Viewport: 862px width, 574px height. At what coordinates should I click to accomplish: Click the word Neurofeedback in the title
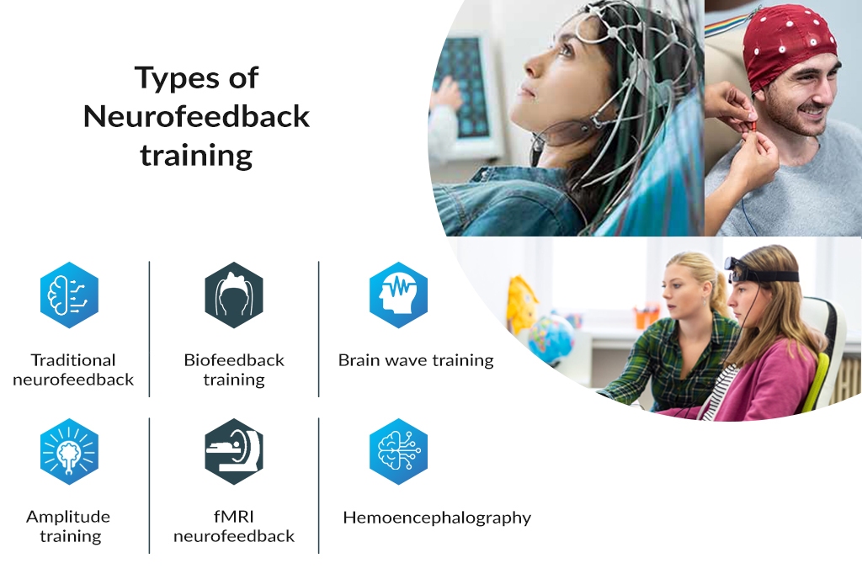[196, 116]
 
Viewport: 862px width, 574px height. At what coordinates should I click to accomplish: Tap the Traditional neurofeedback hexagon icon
[69, 295]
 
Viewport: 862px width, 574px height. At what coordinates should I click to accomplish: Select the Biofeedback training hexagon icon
[234, 295]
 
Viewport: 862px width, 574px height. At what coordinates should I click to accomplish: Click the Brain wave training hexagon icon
[398, 295]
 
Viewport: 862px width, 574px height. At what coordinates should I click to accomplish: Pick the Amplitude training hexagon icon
[69, 451]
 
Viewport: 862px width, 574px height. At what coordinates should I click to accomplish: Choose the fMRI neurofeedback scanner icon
[234, 451]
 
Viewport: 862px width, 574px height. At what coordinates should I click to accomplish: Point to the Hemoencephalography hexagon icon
[398, 451]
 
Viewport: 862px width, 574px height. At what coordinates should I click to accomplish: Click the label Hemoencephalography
[437, 518]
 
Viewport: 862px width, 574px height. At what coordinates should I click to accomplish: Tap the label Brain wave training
[416, 360]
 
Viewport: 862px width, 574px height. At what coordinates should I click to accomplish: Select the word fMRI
[234, 516]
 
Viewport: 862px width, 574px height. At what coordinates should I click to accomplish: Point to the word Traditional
[73, 360]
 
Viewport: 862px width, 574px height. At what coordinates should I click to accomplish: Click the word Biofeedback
[234, 360]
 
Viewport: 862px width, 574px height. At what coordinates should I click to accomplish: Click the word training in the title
[196, 156]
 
